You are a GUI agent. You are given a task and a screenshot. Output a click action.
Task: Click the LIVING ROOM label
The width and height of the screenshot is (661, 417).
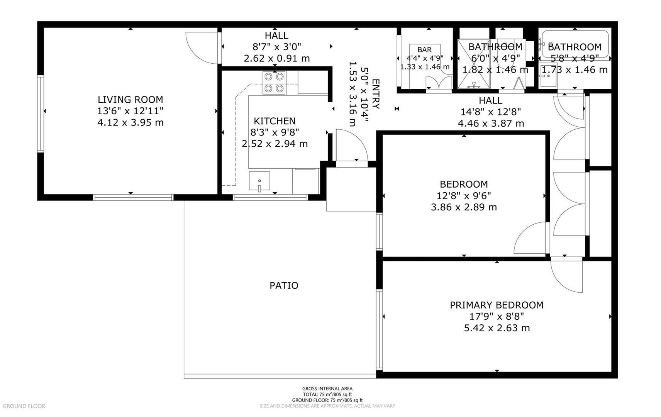pyautogui.click(x=130, y=100)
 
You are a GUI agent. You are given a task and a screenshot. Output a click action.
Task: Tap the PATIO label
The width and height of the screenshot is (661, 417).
pyautogui.click(x=284, y=286)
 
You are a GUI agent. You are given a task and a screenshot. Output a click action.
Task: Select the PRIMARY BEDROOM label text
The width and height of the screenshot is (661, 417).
pyautogui.click(x=497, y=305)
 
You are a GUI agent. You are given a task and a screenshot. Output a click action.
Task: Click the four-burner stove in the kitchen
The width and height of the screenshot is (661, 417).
pyautogui.click(x=273, y=83)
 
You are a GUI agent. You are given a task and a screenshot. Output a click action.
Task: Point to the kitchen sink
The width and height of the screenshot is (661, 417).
pyautogui.click(x=259, y=182)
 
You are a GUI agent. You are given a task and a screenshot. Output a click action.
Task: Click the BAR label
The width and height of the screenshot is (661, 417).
pyautogui.click(x=424, y=50)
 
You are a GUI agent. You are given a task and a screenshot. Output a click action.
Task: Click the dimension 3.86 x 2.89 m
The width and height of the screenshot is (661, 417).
pyautogui.click(x=464, y=207)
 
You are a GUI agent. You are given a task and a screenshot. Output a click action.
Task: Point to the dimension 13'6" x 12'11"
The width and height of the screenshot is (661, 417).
pyautogui.click(x=130, y=111)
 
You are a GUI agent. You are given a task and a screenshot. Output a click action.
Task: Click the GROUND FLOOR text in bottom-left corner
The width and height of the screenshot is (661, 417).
pyautogui.click(x=24, y=406)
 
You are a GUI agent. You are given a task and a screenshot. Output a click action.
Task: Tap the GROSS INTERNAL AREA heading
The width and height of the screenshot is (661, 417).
pyautogui.click(x=327, y=389)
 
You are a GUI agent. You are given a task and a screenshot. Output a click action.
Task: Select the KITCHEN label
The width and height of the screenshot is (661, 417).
pyautogui.click(x=275, y=121)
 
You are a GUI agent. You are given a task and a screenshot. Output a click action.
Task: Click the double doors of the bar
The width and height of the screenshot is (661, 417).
pyautogui.click(x=439, y=83)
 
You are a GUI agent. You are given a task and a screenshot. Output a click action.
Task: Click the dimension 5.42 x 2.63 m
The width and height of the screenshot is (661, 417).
pyautogui.click(x=497, y=328)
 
